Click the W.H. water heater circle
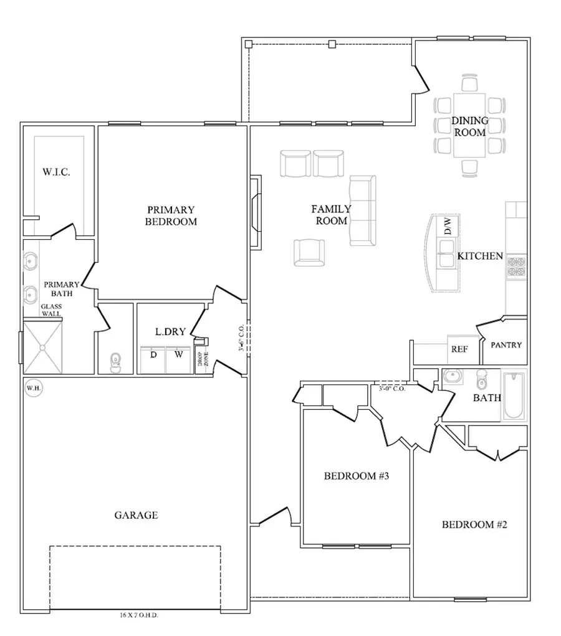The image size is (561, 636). pyautogui.click(x=33, y=389)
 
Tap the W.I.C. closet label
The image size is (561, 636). pyautogui.click(x=55, y=172)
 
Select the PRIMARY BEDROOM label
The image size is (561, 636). pyautogui.click(x=171, y=216)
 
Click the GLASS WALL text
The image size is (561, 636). pyautogui.click(x=51, y=310)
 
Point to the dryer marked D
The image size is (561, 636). pyautogui.click(x=153, y=354)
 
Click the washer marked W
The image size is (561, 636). pyautogui.click(x=178, y=354)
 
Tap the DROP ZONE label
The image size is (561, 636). pyautogui.click(x=203, y=363)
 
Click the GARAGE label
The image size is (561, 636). pyautogui.click(x=136, y=515)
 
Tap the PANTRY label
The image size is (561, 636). pyautogui.click(x=506, y=344)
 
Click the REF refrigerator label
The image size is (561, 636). pyautogui.click(x=459, y=349)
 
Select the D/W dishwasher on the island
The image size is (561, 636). pyautogui.click(x=448, y=226)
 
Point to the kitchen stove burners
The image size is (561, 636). pyautogui.click(x=516, y=266)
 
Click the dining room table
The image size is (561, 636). pyautogui.click(x=469, y=126)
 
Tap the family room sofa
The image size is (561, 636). pyautogui.click(x=362, y=210)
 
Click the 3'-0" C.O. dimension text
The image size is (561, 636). pyautogui.click(x=392, y=389)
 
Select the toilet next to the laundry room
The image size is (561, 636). pyautogui.click(x=115, y=363)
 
